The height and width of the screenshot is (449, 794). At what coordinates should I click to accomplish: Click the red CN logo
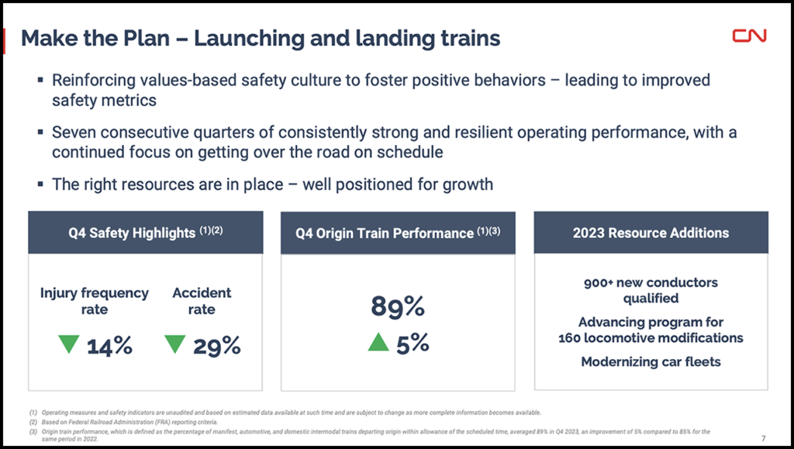(x=749, y=35)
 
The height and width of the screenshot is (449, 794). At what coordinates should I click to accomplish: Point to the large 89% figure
(x=398, y=307)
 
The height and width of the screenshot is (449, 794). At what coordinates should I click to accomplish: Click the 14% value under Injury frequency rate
(x=109, y=346)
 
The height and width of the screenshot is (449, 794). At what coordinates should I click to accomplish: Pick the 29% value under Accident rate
(x=217, y=346)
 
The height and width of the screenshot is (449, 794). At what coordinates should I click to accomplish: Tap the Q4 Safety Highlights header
(x=145, y=232)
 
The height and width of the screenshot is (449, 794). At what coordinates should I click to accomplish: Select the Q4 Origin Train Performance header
(x=398, y=233)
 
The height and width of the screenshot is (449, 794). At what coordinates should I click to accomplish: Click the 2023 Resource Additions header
(x=651, y=232)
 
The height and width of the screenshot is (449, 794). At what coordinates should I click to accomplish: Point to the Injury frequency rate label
(x=94, y=301)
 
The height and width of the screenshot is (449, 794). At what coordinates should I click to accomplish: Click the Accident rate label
(x=202, y=301)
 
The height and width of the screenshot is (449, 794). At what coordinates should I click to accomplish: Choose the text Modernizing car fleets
(x=651, y=361)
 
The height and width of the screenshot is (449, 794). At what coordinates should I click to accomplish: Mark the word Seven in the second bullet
(x=73, y=133)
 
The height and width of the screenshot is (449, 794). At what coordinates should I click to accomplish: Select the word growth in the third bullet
(x=468, y=185)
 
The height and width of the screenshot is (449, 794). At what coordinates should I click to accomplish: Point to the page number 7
(x=764, y=436)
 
